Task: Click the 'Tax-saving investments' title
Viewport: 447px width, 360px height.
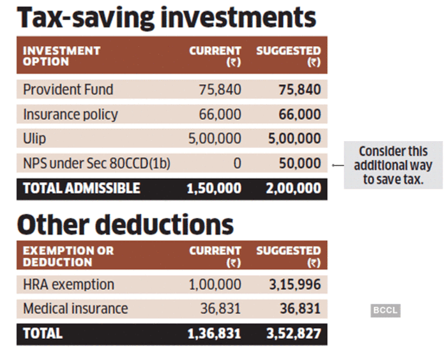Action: (x=167, y=17)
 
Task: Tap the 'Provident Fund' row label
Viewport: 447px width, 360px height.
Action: (x=68, y=89)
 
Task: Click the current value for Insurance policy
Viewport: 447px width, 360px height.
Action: (x=220, y=114)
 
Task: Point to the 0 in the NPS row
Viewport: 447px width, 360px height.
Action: (x=237, y=164)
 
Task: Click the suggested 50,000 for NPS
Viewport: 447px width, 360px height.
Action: (x=299, y=164)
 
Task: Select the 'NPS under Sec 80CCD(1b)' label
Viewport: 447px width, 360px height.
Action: (x=97, y=164)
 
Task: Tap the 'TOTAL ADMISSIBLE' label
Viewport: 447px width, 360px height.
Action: (x=81, y=188)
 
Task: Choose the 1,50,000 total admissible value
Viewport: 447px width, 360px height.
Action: (x=214, y=188)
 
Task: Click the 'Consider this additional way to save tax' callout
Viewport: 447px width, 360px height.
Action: (x=393, y=165)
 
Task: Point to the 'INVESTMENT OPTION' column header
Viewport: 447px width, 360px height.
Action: (x=62, y=56)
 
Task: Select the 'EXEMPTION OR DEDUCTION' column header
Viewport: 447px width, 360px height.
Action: (x=68, y=257)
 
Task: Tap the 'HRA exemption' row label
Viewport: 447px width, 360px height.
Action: (x=68, y=284)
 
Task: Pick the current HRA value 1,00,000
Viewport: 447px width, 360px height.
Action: (x=214, y=284)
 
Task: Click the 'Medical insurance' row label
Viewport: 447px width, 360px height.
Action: (x=75, y=309)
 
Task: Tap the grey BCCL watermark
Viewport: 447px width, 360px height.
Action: (x=385, y=311)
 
